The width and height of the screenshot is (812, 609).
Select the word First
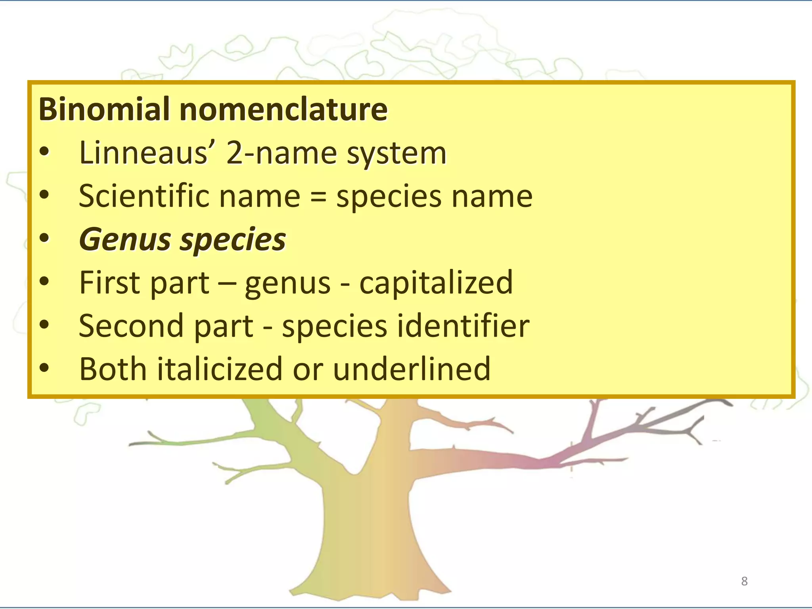(x=110, y=282)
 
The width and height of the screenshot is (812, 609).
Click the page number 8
(x=744, y=581)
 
